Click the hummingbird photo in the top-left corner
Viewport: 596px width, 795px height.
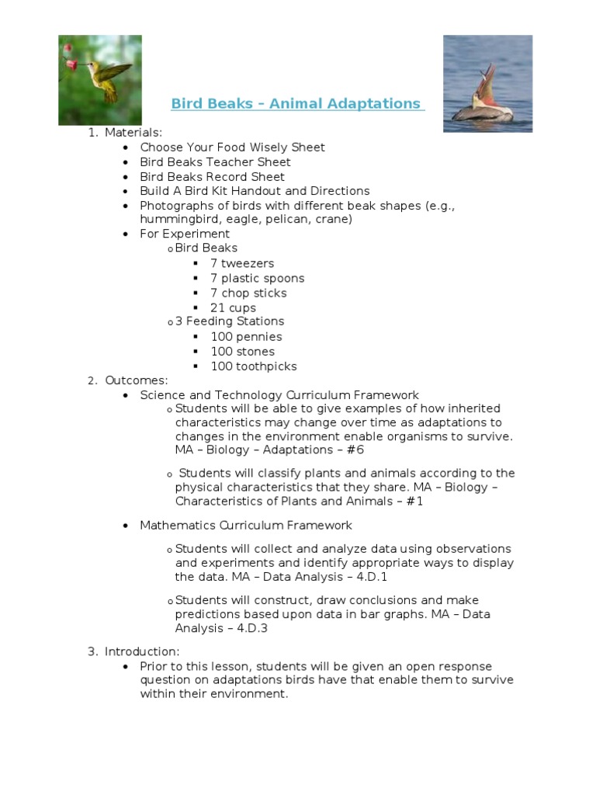pyautogui.click(x=99, y=79)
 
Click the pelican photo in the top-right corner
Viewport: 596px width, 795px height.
pyautogui.click(x=487, y=83)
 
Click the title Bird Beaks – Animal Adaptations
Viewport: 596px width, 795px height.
pyautogui.click(x=297, y=104)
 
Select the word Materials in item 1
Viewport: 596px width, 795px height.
pyautogui.click(x=133, y=133)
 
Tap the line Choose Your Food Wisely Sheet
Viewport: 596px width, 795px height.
pyautogui.click(x=232, y=148)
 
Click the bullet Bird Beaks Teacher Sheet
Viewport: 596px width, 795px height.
pyautogui.click(x=215, y=162)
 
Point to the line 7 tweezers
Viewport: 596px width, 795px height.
pyautogui.click(x=242, y=264)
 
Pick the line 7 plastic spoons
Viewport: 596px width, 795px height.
pyautogui.click(x=257, y=279)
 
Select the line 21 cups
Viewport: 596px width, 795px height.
pyautogui.click(x=233, y=308)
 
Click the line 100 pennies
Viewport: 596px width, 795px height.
pyautogui.click(x=246, y=337)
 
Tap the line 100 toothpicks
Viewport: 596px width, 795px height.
pyautogui.click(x=253, y=366)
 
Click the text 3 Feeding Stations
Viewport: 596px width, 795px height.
pyautogui.click(x=230, y=321)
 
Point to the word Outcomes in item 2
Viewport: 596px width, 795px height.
pyautogui.click(x=136, y=380)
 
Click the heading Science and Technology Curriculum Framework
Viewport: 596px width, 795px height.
pyautogui.click(x=279, y=395)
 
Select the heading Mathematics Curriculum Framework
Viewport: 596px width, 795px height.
pyautogui.click(x=246, y=526)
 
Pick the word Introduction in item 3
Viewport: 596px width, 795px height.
pyautogui.click(x=141, y=651)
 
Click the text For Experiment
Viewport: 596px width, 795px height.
pyautogui.click(x=185, y=234)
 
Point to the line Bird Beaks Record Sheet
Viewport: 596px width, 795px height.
pyautogui.click(x=212, y=177)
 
